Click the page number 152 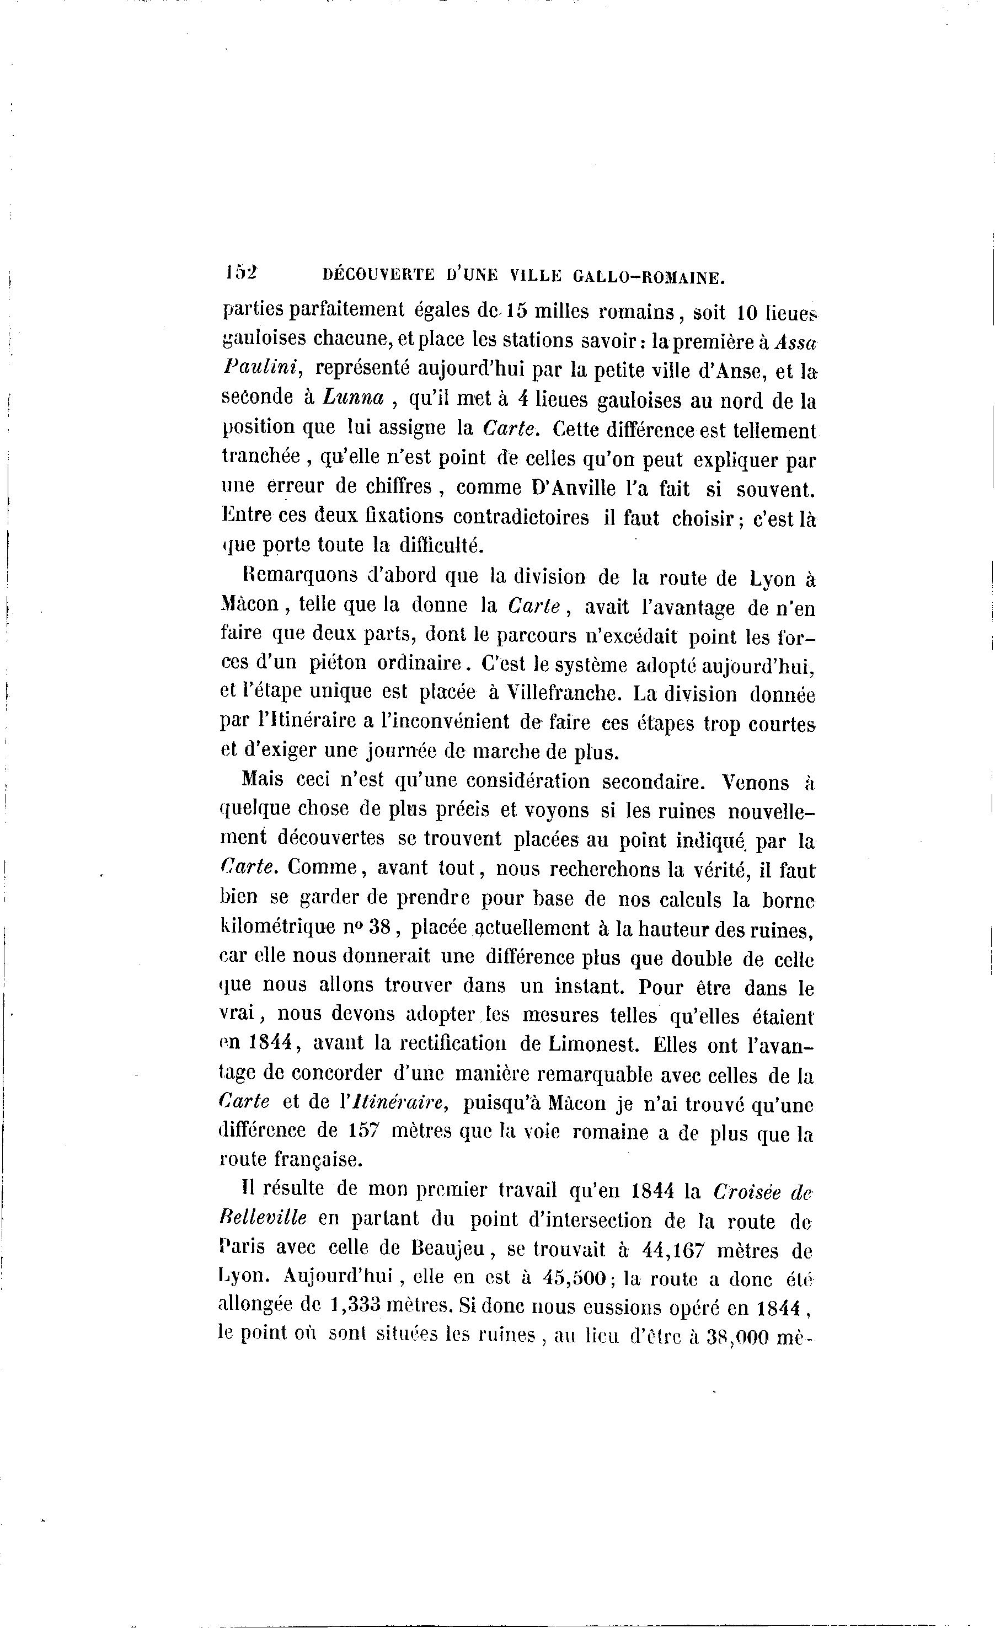240,274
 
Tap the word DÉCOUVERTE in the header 378,276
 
